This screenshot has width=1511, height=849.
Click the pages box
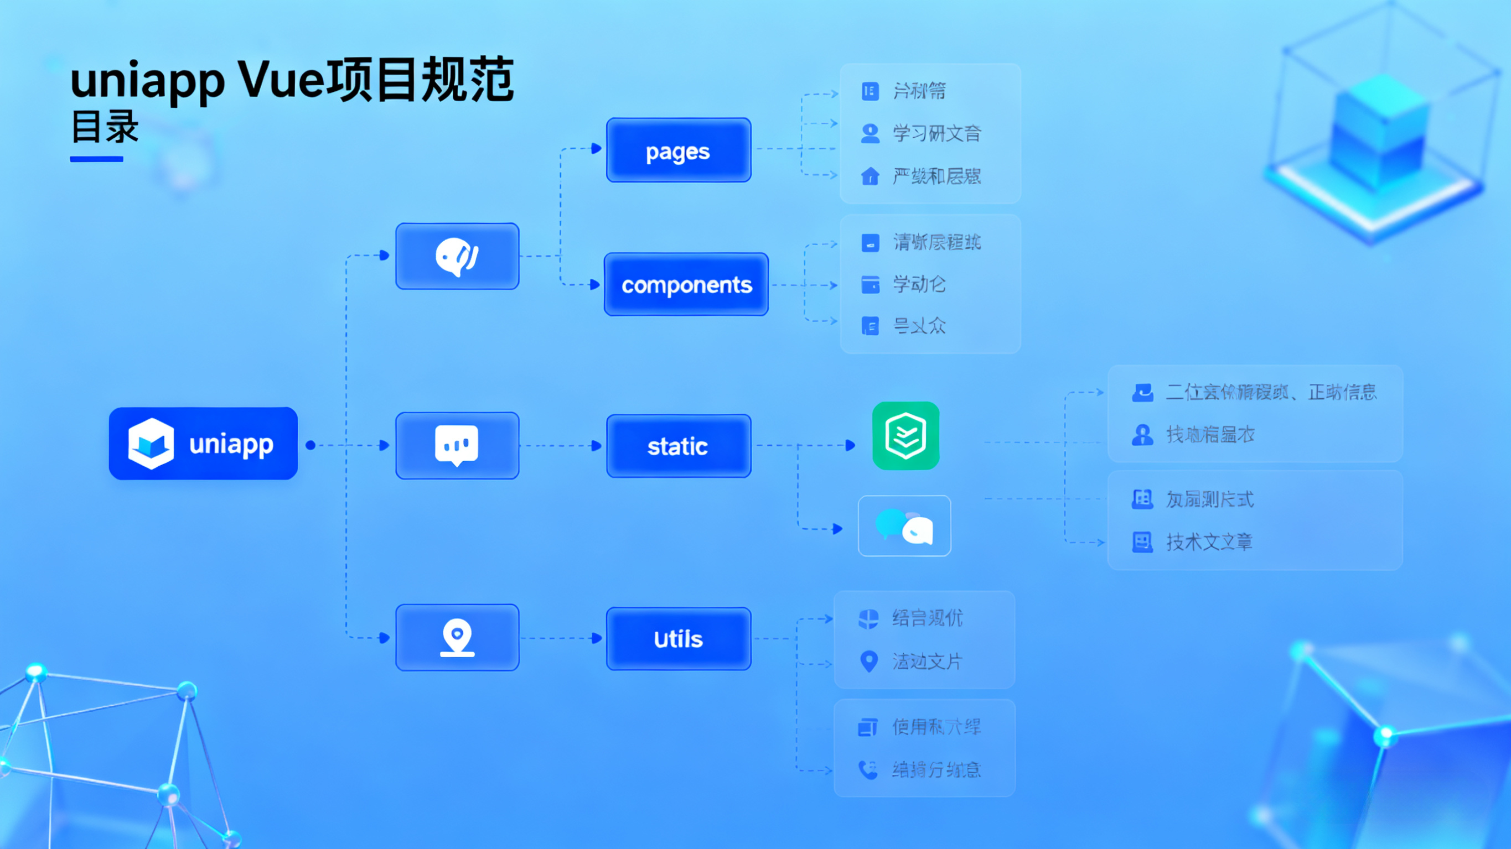679,150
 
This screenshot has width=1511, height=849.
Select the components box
686,284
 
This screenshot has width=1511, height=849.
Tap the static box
679,446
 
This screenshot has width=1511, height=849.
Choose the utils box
679,638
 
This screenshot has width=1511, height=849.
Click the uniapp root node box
203,444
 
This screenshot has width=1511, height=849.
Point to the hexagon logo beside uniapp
151,444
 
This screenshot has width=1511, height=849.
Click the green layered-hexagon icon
905,436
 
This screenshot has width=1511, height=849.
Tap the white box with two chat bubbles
904,526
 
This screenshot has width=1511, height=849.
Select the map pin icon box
457,637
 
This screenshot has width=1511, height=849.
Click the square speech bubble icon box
457,446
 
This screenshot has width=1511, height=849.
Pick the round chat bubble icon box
457,256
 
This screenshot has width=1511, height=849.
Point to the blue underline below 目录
96,159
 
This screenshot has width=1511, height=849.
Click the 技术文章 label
1209,543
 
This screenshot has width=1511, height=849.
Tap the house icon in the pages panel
870,176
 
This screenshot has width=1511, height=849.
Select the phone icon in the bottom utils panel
867,769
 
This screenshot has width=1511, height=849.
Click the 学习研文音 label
936,134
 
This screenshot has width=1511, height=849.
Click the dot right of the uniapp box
311,446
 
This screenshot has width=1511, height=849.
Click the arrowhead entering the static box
597,446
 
